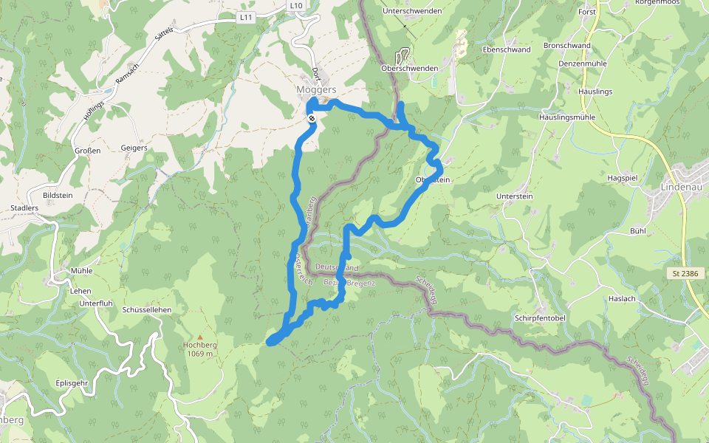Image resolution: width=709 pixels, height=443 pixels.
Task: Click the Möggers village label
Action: tap(316, 89)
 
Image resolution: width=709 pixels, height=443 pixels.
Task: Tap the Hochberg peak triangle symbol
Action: tap(199, 337)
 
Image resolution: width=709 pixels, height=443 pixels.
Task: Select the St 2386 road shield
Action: tap(685, 274)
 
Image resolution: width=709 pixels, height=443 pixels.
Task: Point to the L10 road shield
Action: tap(296, 5)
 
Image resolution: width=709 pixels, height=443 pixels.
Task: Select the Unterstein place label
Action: tap(515, 196)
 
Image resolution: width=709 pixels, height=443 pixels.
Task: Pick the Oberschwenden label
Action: tap(410, 69)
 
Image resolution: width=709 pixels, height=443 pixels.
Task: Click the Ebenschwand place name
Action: tap(506, 49)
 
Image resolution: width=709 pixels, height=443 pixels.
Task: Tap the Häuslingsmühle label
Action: tap(567, 117)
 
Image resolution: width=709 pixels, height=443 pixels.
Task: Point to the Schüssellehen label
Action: tap(148, 310)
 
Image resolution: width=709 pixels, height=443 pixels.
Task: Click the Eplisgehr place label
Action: tap(72, 383)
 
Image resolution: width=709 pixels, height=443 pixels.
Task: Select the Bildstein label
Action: tap(58, 196)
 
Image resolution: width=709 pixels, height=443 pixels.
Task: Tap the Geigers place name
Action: tap(134, 148)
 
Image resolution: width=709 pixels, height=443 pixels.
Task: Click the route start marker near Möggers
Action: tap(313, 117)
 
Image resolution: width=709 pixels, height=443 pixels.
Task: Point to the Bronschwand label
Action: tap(567, 46)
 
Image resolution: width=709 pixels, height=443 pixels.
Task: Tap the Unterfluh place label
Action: tap(96, 303)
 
